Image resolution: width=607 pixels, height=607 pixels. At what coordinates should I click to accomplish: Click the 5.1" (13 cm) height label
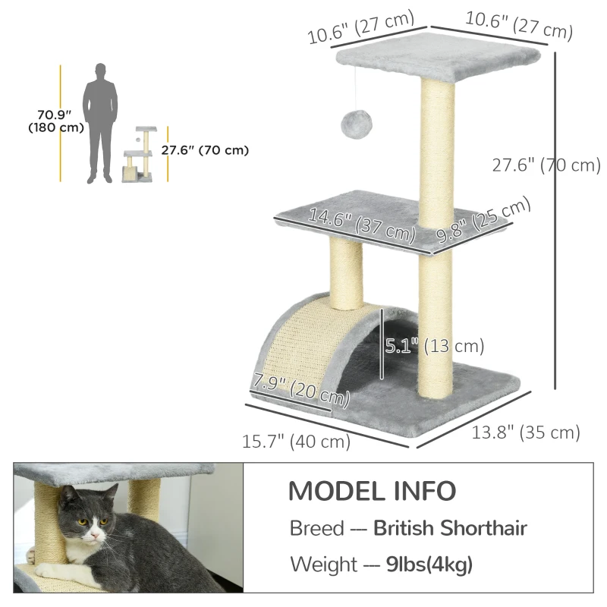click(434, 347)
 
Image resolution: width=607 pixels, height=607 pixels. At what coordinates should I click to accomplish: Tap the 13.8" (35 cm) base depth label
click(526, 433)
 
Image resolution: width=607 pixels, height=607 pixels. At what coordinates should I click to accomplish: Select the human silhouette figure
click(101, 123)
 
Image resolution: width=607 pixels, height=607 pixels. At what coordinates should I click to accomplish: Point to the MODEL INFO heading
click(372, 491)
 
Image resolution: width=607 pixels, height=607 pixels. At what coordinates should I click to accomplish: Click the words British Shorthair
click(450, 528)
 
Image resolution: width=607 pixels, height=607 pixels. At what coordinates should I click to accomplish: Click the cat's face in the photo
click(86, 528)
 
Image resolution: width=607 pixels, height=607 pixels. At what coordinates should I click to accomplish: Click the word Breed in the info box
click(316, 528)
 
